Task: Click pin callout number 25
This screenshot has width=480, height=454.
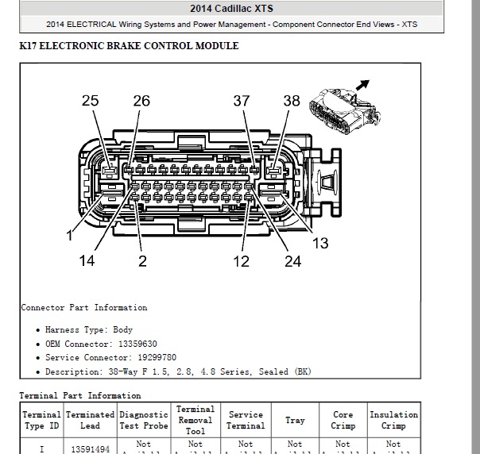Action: point(90,101)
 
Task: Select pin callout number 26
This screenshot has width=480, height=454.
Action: point(141,101)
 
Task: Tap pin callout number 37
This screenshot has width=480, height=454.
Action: point(241,101)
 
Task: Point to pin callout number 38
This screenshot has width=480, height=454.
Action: point(292,101)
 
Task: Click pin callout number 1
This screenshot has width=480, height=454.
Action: point(70,236)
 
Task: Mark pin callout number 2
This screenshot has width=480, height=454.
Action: point(142,260)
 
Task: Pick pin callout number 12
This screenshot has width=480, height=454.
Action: point(241,260)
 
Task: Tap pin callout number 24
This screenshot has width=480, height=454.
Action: point(292,260)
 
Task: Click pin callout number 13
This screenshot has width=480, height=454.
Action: point(319,243)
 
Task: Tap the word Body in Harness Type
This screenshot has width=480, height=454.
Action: point(123,329)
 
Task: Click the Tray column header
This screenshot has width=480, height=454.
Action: point(294,420)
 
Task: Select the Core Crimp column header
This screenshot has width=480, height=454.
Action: point(343,420)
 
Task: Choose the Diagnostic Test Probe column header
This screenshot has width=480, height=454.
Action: point(144,420)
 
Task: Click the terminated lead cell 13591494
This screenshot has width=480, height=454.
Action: point(90,449)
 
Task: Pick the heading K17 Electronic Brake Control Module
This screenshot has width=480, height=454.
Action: point(129,46)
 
